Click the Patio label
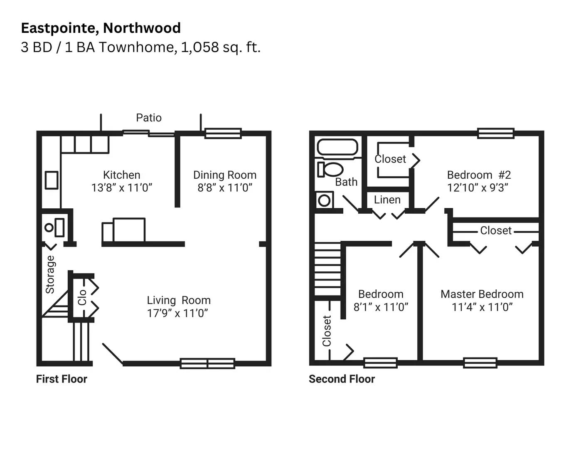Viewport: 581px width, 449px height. pyautogui.click(x=149, y=118)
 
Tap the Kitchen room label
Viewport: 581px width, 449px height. pyautogui.click(x=122, y=175)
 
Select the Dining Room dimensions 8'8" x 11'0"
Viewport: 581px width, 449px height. pyautogui.click(x=225, y=188)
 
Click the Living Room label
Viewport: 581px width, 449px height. pyautogui.click(x=179, y=300)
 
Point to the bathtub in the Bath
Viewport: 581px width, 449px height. pyautogui.click(x=337, y=147)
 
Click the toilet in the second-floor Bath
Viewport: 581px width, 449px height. pyautogui.click(x=331, y=169)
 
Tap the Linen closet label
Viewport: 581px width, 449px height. pyautogui.click(x=387, y=200)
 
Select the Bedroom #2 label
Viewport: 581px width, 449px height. pyautogui.click(x=479, y=175)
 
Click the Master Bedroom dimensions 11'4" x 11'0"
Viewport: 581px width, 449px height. pyautogui.click(x=482, y=307)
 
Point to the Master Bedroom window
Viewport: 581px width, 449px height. pyautogui.click(x=480, y=363)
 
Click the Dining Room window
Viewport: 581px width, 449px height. pyautogui.click(x=223, y=133)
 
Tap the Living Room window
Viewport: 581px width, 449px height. pyautogui.click(x=207, y=363)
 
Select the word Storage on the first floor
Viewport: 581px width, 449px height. pyautogui.click(x=50, y=274)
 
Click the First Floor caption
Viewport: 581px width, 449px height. pyautogui.click(x=62, y=379)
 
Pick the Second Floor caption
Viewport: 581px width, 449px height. pyautogui.click(x=342, y=379)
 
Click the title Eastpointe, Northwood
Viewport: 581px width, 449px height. pyautogui.click(x=101, y=28)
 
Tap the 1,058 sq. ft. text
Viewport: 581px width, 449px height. pyautogui.click(x=220, y=47)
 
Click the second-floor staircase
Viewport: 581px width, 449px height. pyautogui.click(x=327, y=269)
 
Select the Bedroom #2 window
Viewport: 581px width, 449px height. pyautogui.click(x=496, y=133)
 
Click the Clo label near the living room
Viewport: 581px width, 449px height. pyautogui.click(x=82, y=298)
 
